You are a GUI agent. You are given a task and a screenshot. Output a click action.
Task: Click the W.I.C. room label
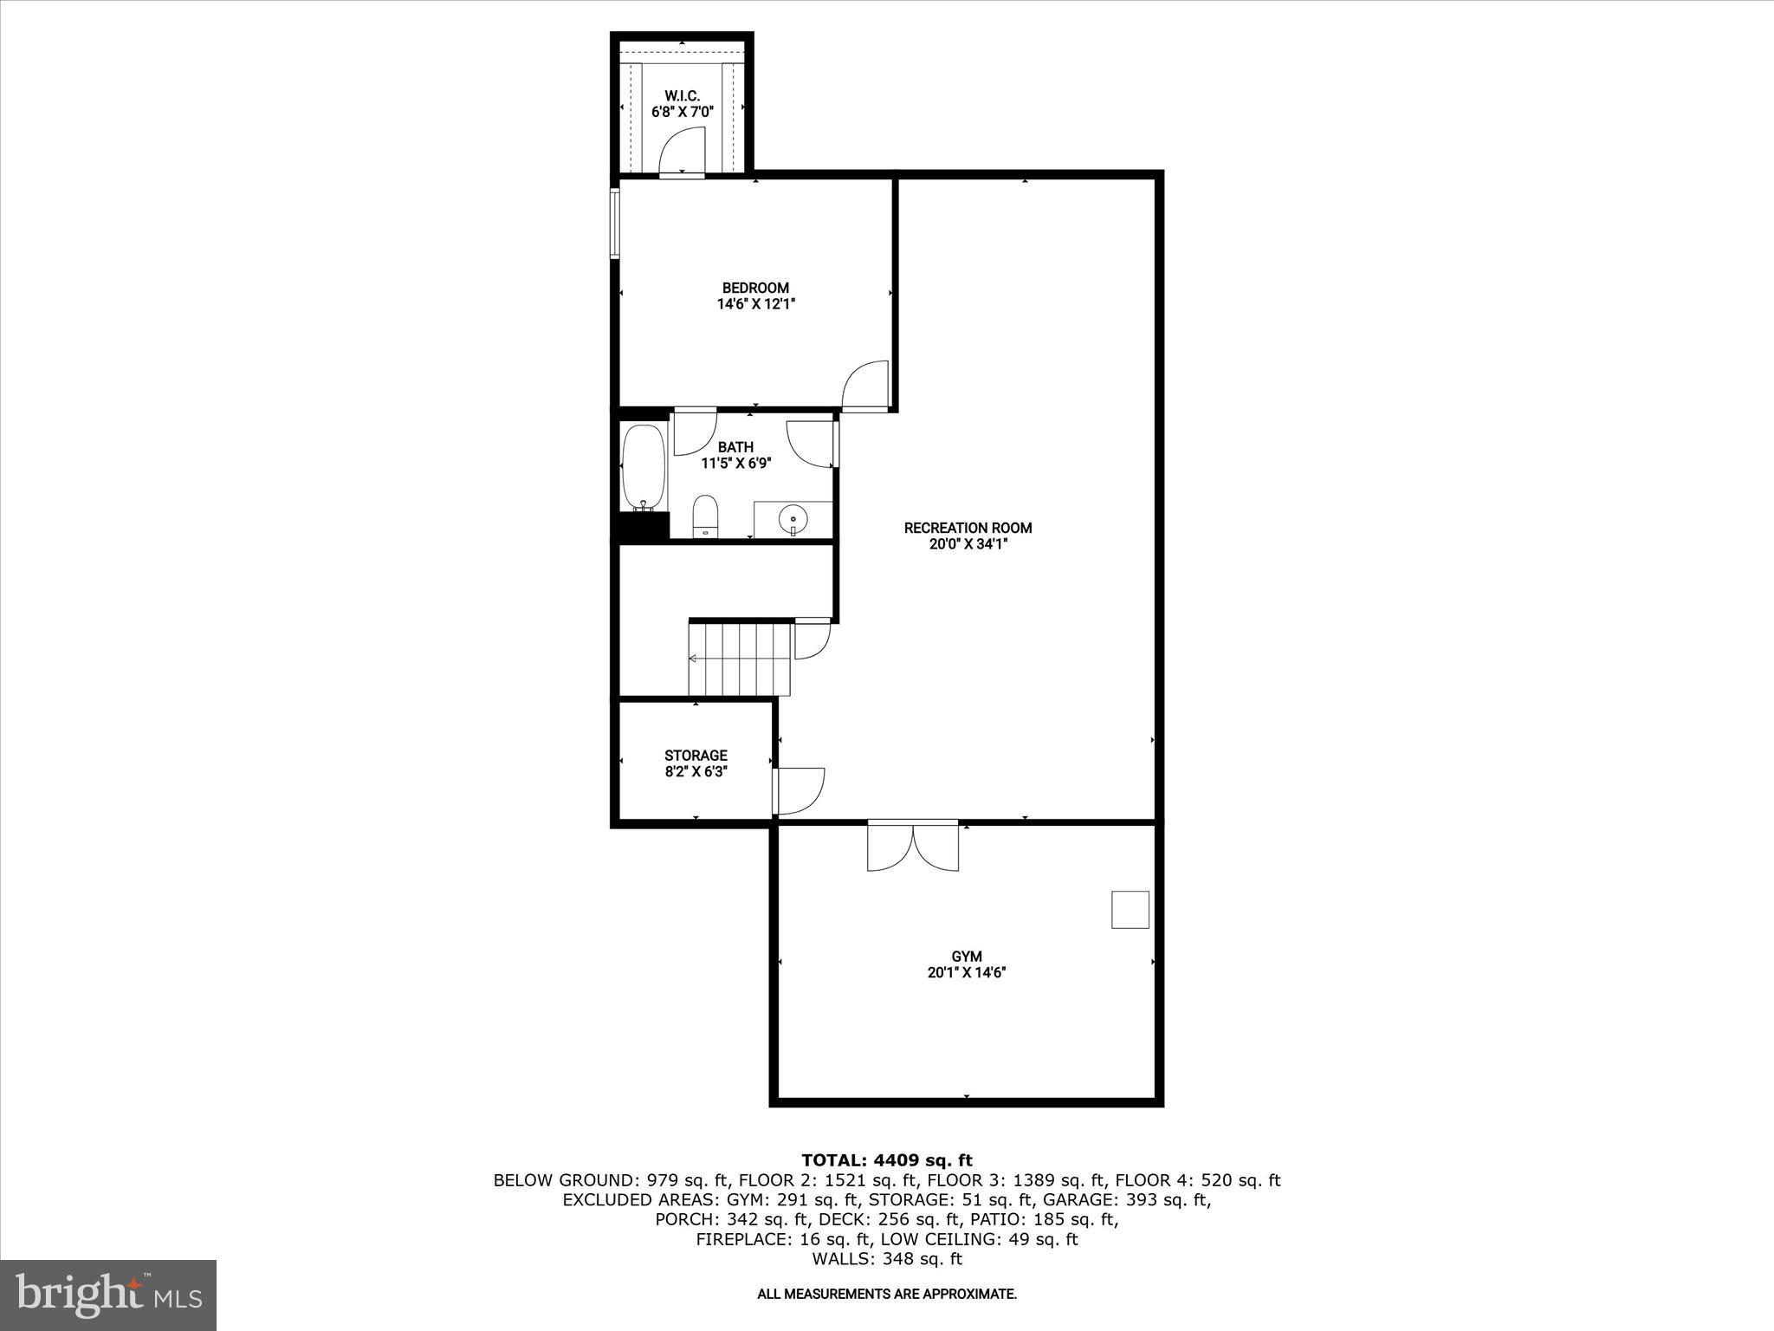pyautogui.click(x=682, y=95)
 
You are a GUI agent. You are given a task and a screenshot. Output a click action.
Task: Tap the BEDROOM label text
pyautogui.click(x=755, y=288)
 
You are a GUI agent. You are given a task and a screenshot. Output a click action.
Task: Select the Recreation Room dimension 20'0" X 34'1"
pyautogui.click(x=968, y=544)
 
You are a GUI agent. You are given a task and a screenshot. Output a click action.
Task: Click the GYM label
pyautogui.click(x=966, y=957)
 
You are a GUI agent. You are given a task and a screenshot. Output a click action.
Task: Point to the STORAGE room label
pyautogui.click(x=696, y=756)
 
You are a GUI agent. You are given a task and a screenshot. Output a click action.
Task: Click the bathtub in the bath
pyautogui.click(x=644, y=468)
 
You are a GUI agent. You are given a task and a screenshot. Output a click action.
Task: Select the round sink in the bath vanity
pyautogui.click(x=793, y=521)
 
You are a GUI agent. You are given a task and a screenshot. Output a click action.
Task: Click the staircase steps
pyautogui.click(x=741, y=659)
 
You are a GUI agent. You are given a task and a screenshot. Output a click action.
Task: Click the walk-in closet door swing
pyautogui.click(x=681, y=152)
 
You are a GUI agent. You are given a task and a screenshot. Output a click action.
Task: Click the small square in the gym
pyautogui.click(x=1130, y=910)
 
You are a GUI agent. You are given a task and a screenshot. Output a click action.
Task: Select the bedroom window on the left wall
pyautogui.click(x=614, y=224)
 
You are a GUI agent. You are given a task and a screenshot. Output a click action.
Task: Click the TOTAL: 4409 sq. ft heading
pyautogui.click(x=886, y=1160)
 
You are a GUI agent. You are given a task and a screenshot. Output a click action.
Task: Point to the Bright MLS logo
pyautogui.click(x=108, y=1295)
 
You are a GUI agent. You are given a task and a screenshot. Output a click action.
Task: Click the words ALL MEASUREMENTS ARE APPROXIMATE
pyautogui.click(x=886, y=1294)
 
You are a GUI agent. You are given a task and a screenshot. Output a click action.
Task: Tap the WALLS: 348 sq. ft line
pyautogui.click(x=886, y=1259)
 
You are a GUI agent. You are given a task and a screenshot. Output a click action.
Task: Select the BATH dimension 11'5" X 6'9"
pyautogui.click(x=735, y=464)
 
